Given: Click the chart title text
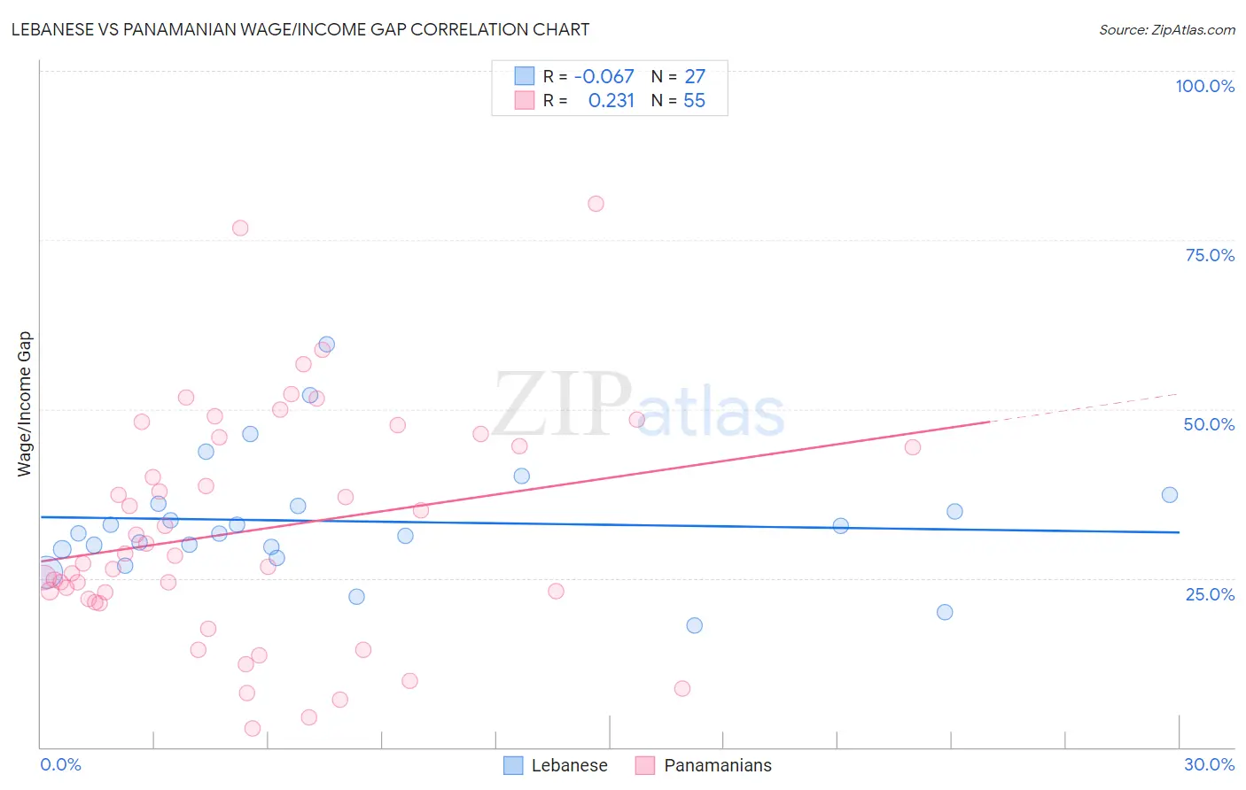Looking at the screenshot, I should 300,29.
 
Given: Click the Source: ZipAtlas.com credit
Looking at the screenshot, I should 1166,29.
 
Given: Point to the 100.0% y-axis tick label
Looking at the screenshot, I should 1204,86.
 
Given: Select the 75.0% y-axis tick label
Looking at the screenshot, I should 1210,255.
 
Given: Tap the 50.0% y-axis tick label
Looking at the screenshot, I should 1209,424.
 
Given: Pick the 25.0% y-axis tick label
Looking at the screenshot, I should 1210,594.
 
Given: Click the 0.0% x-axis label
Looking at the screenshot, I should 60,764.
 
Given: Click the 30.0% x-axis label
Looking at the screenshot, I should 1209,764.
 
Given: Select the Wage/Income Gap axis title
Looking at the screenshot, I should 25,404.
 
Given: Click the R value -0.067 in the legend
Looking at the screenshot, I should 604,77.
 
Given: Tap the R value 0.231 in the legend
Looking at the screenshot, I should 611,101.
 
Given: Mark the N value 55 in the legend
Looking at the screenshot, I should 694,101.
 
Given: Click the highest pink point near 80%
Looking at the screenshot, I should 596,204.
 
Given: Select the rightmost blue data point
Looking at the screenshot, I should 1170,495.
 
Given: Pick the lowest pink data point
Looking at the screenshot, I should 253,728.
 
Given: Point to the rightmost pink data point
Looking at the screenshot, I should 913,447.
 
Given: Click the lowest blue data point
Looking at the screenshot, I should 695,625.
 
